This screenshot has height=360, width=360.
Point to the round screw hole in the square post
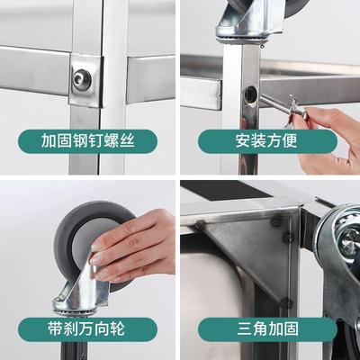pos(249,94)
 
